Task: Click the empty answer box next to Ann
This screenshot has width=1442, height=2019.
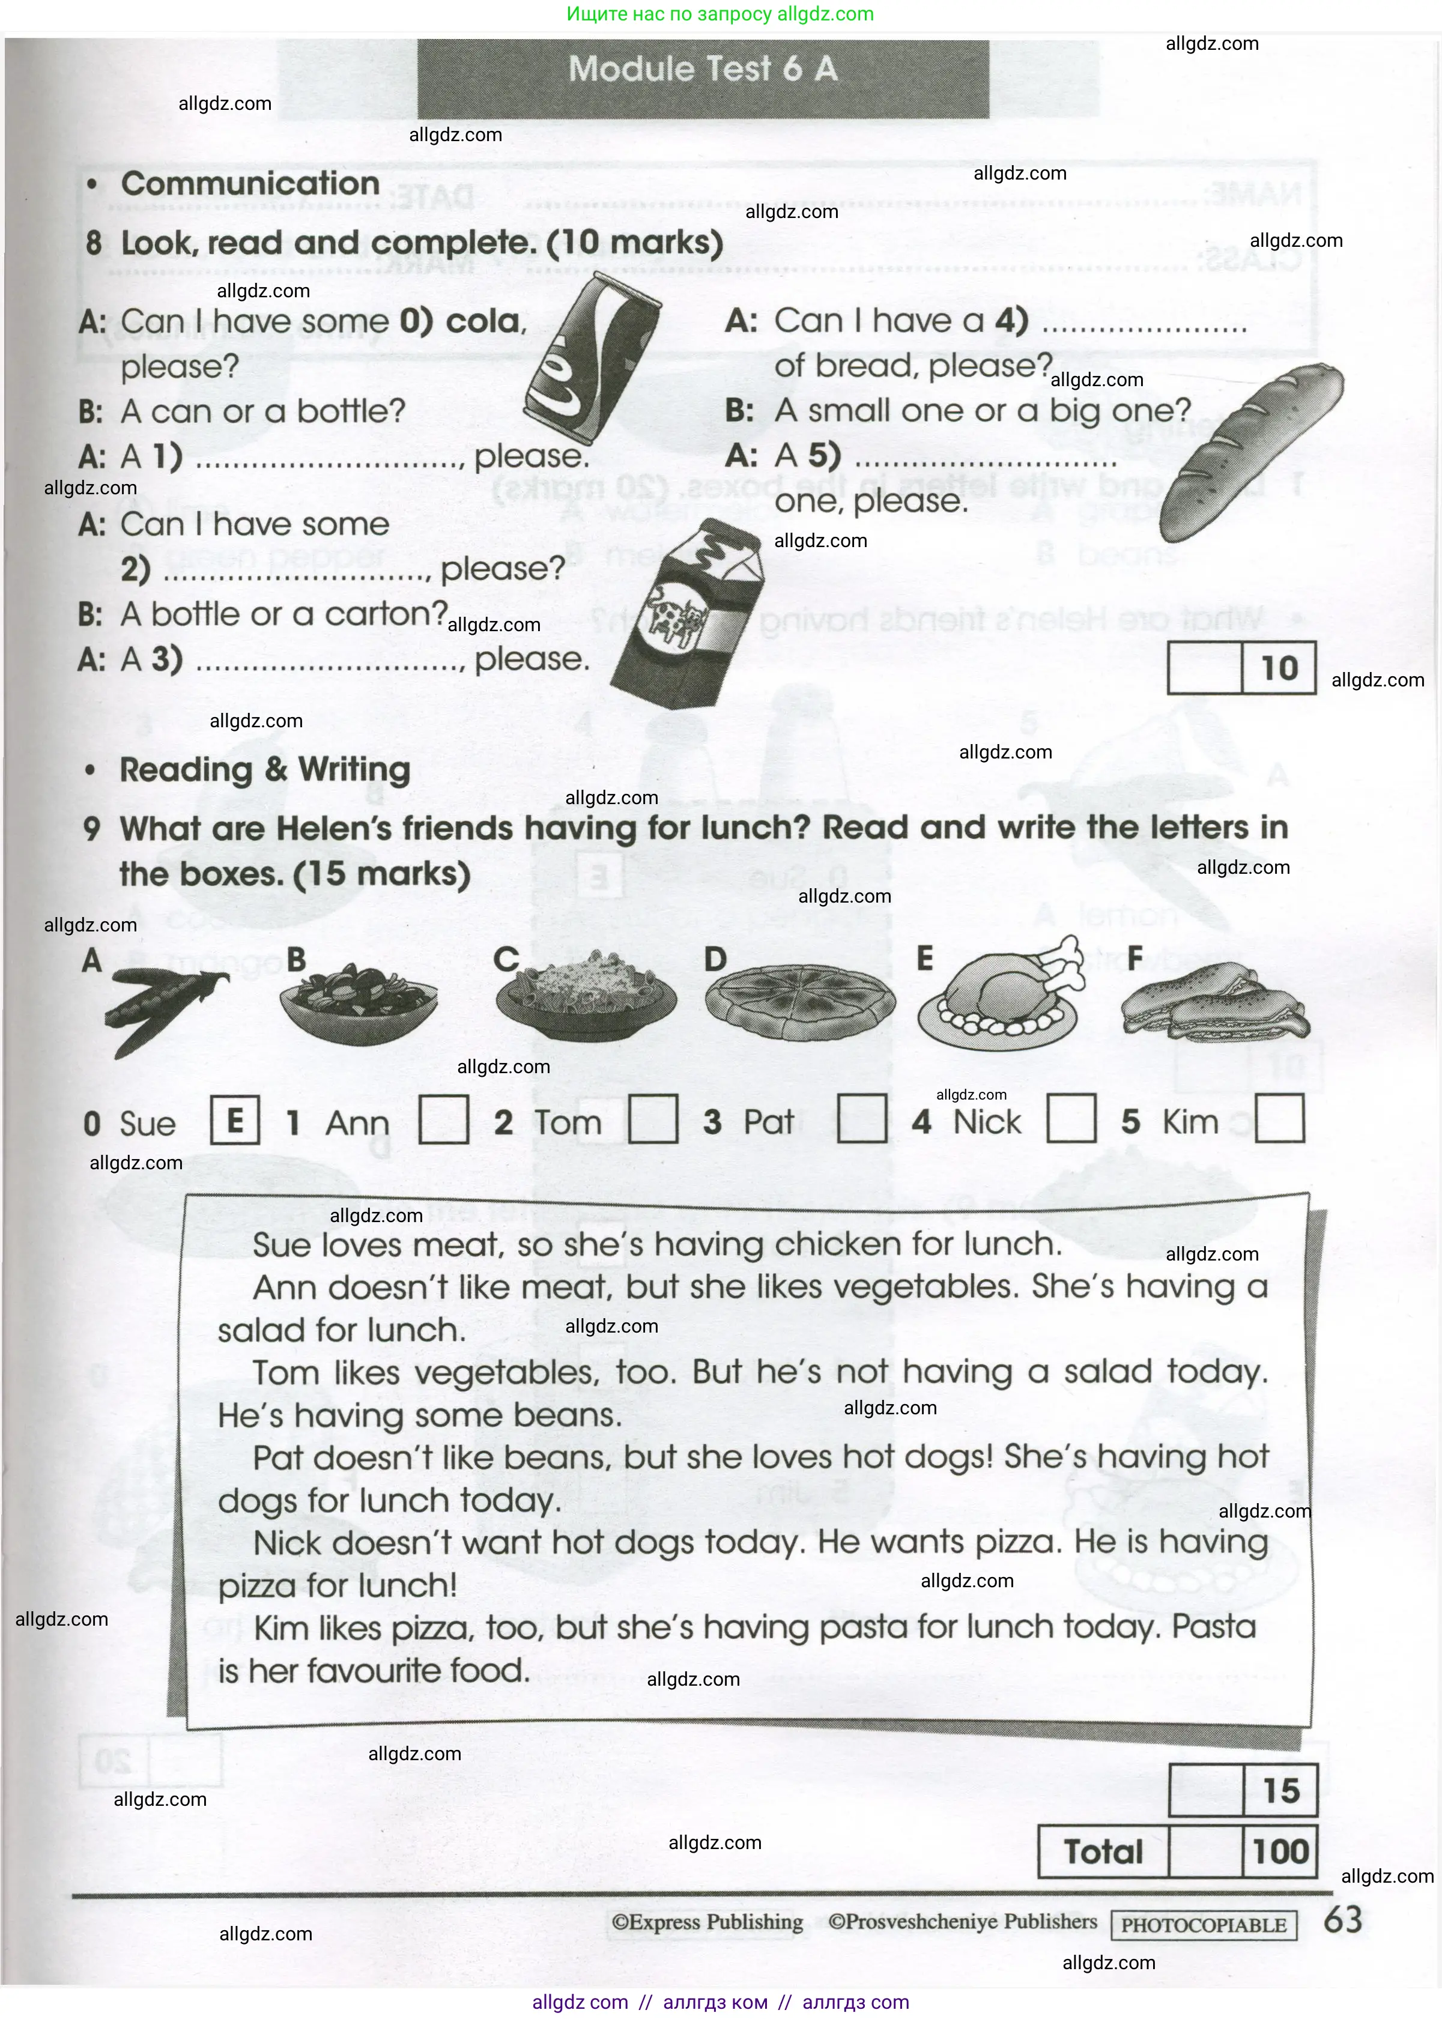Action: [x=443, y=1119]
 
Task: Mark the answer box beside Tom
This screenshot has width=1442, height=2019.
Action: [x=653, y=1119]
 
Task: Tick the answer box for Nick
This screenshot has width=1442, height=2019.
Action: [x=1071, y=1119]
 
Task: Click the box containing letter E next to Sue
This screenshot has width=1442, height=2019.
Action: [x=234, y=1121]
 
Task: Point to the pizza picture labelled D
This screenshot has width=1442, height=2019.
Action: [x=800, y=1002]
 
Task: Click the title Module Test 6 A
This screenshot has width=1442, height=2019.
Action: [x=702, y=69]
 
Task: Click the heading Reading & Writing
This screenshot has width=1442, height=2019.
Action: [x=265, y=770]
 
